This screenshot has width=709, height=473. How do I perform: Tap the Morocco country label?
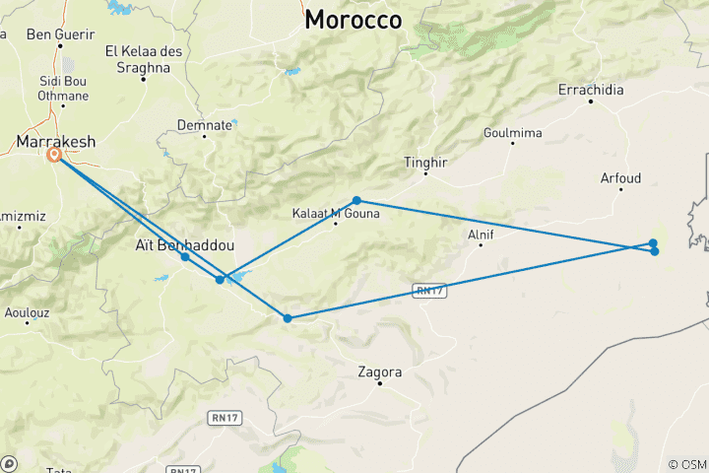point(353,20)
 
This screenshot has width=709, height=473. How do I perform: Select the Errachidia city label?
point(591,90)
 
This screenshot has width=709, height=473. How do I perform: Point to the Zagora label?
point(380,372)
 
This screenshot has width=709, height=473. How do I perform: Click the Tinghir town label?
point(425,163)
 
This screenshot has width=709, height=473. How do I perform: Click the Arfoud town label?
point(620,178)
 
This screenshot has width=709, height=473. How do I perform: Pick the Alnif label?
point(481,235)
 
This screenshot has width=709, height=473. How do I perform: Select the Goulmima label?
point(512,133)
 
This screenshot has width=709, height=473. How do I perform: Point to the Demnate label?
point(205,125)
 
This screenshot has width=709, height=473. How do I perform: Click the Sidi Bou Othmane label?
point(63,88)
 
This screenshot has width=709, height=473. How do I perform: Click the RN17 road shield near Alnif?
point(424,290)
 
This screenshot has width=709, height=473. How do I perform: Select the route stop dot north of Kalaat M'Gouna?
point(356,200)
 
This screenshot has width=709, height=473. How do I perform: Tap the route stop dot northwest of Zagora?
point(288,318)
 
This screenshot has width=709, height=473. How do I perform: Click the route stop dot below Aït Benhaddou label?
point(185,257)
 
